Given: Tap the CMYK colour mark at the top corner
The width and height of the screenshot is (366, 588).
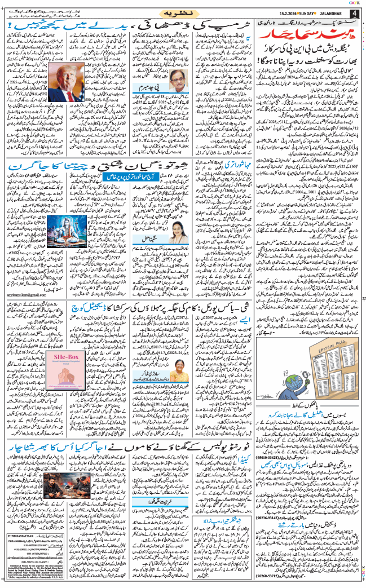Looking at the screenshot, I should pyautogui.click(x=356, y=3).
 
